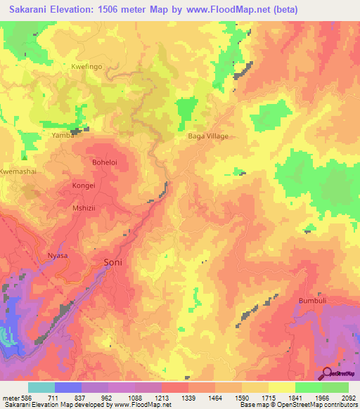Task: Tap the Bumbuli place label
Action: pos(314,300)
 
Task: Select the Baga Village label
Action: pos(208,136)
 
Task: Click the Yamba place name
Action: pos(63,135)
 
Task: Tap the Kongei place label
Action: pos(83,186)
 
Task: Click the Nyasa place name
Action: pos(57,255)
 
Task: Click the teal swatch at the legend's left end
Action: pos(41,387)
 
